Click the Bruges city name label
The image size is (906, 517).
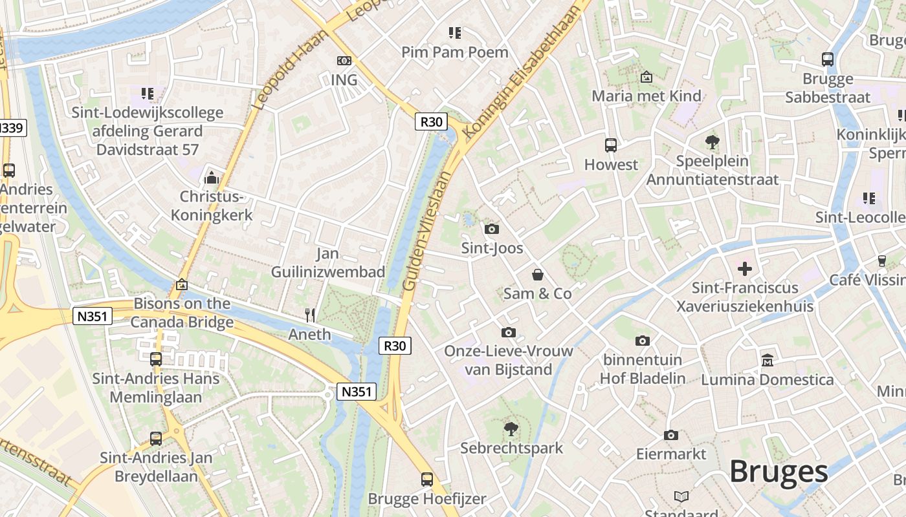pyautogui.click(x=779, y=472)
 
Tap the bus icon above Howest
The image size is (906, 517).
pyautogui.click(x=611, y=145)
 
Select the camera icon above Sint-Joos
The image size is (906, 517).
pyautogui.click(x=492, y=229)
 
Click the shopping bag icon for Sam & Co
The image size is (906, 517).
pyautogui.click(x=537, y=275)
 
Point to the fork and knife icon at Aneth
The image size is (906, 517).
pyautogui.click(x=310, y=315)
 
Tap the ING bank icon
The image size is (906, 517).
pyautogui.click(x=344, y=61)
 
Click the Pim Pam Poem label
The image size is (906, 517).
pyautogui.click(x=455, y=52)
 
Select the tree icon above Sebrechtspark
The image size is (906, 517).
pyautogui.click(x=511, y=428)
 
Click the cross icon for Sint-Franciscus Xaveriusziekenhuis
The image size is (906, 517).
pyautogui.click(x=745, y=268)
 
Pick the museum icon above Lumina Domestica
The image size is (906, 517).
pyautogui.click(x=768, y=360)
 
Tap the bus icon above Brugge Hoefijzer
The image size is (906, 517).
pyautogui.click(x=427, y=480)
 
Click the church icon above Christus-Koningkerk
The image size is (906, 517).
pyautogui.click(x=211, y=177)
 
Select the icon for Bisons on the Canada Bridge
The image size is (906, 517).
pyautogui.click(x=182, y=284)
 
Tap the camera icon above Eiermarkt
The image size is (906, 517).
pyautogui.click(x=671, y=435)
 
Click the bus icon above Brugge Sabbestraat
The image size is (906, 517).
pyautogui.click(x=828, y=59)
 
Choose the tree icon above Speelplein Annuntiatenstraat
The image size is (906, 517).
pyautogui.click(x=713, y=142)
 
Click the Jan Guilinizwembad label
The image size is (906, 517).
pyautogui.click(x=328, y=263)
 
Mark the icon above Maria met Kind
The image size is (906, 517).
pyautogui.click(x=646, y=77)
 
